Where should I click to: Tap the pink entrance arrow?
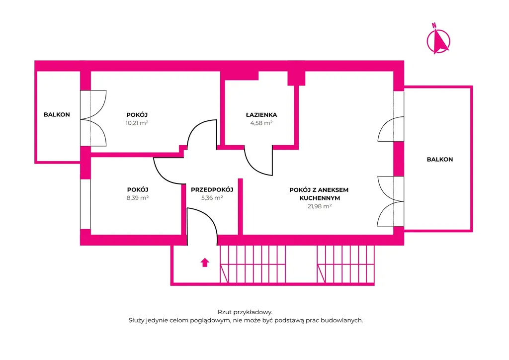tap(204, 262)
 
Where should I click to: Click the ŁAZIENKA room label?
tap(261, 114)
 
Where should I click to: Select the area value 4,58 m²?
tap(261, 123)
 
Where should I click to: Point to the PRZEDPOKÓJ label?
tap(212, 189)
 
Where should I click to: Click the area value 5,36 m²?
tap(212, 198)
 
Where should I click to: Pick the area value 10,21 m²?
tap(137, 123)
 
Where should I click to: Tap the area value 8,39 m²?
tap(138, 198)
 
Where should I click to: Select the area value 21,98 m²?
tap(320, 206)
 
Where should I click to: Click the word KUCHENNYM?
tap(320, 198)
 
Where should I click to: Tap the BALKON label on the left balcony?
tap(57, 114)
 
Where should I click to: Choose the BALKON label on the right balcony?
tap(440, 160)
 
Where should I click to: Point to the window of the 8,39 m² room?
tap(85, 204)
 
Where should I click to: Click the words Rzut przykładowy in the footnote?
tap(245, 312)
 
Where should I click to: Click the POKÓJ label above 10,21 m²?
tap(137, 114)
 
